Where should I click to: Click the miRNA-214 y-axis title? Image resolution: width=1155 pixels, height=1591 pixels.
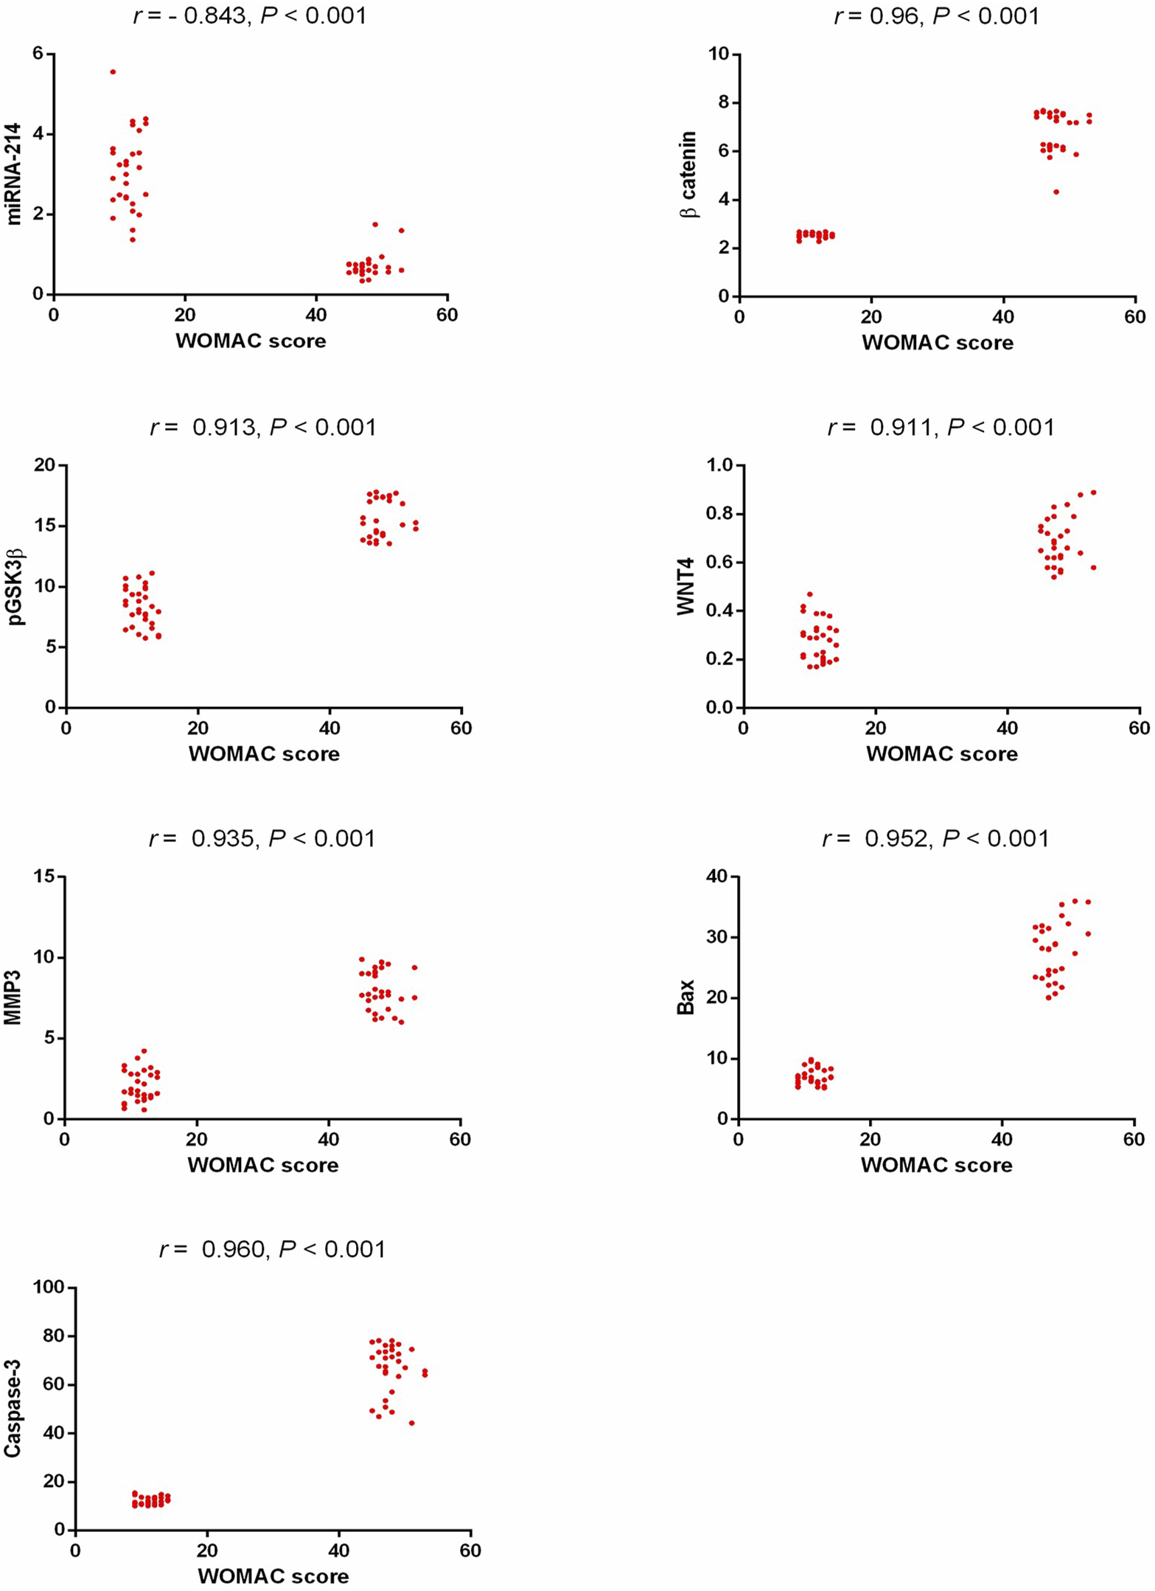pyautogui.click(x=15, y=174)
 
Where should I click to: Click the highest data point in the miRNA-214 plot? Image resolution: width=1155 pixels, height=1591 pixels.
pyautogui.click(x=113, y=72)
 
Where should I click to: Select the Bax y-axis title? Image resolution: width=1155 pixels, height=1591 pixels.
pyautogui.click(x=686, y=997)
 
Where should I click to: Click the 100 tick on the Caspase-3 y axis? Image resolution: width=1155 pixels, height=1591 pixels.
pyautogui.click(x=49, y=1287)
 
